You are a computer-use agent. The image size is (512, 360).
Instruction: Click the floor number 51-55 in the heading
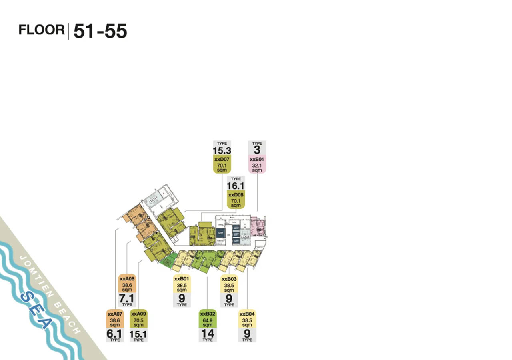point(100,31)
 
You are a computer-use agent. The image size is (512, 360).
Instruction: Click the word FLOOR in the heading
point(42,30)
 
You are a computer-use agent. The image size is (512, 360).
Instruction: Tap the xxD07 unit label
point(222,159)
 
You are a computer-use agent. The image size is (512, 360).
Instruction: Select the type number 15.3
point(222,150)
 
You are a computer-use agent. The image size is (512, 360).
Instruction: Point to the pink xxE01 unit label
point(257,159)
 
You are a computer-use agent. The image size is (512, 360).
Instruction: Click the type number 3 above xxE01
point(257,150)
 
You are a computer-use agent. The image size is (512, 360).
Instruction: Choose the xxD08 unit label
point(236,195)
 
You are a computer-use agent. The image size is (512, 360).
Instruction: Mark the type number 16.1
point(236,186)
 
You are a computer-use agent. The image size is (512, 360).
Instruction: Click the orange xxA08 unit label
point(127,278)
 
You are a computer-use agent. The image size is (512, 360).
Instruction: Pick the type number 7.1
point(127,298)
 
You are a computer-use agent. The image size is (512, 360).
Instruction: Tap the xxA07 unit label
point(115,314)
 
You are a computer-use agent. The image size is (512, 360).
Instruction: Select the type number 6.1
point(115,334)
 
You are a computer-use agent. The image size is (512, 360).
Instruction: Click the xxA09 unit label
point(138,314)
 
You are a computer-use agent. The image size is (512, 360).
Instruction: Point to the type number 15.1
point(138,334)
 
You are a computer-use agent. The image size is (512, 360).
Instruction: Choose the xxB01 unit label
point(182,279)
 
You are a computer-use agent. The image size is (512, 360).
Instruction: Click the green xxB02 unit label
point(207,314)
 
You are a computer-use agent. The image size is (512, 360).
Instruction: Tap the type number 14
point(207,333)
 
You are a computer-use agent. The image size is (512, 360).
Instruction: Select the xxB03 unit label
point(229,279)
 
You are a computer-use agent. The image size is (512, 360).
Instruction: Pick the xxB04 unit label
point(247,314)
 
